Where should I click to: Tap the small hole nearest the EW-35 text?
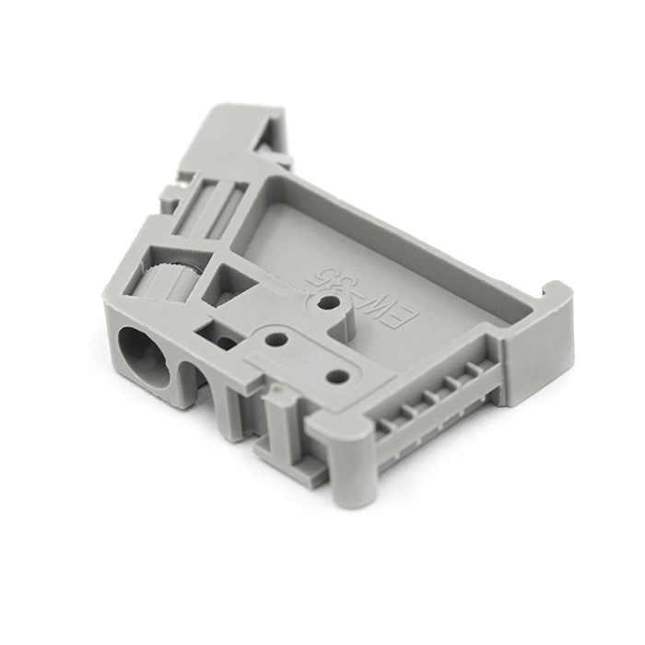pos(325,301)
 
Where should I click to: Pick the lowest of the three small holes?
pos(338,376)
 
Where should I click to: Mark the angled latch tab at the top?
pos(235,138)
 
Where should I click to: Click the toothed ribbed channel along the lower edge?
pos(433,405)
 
